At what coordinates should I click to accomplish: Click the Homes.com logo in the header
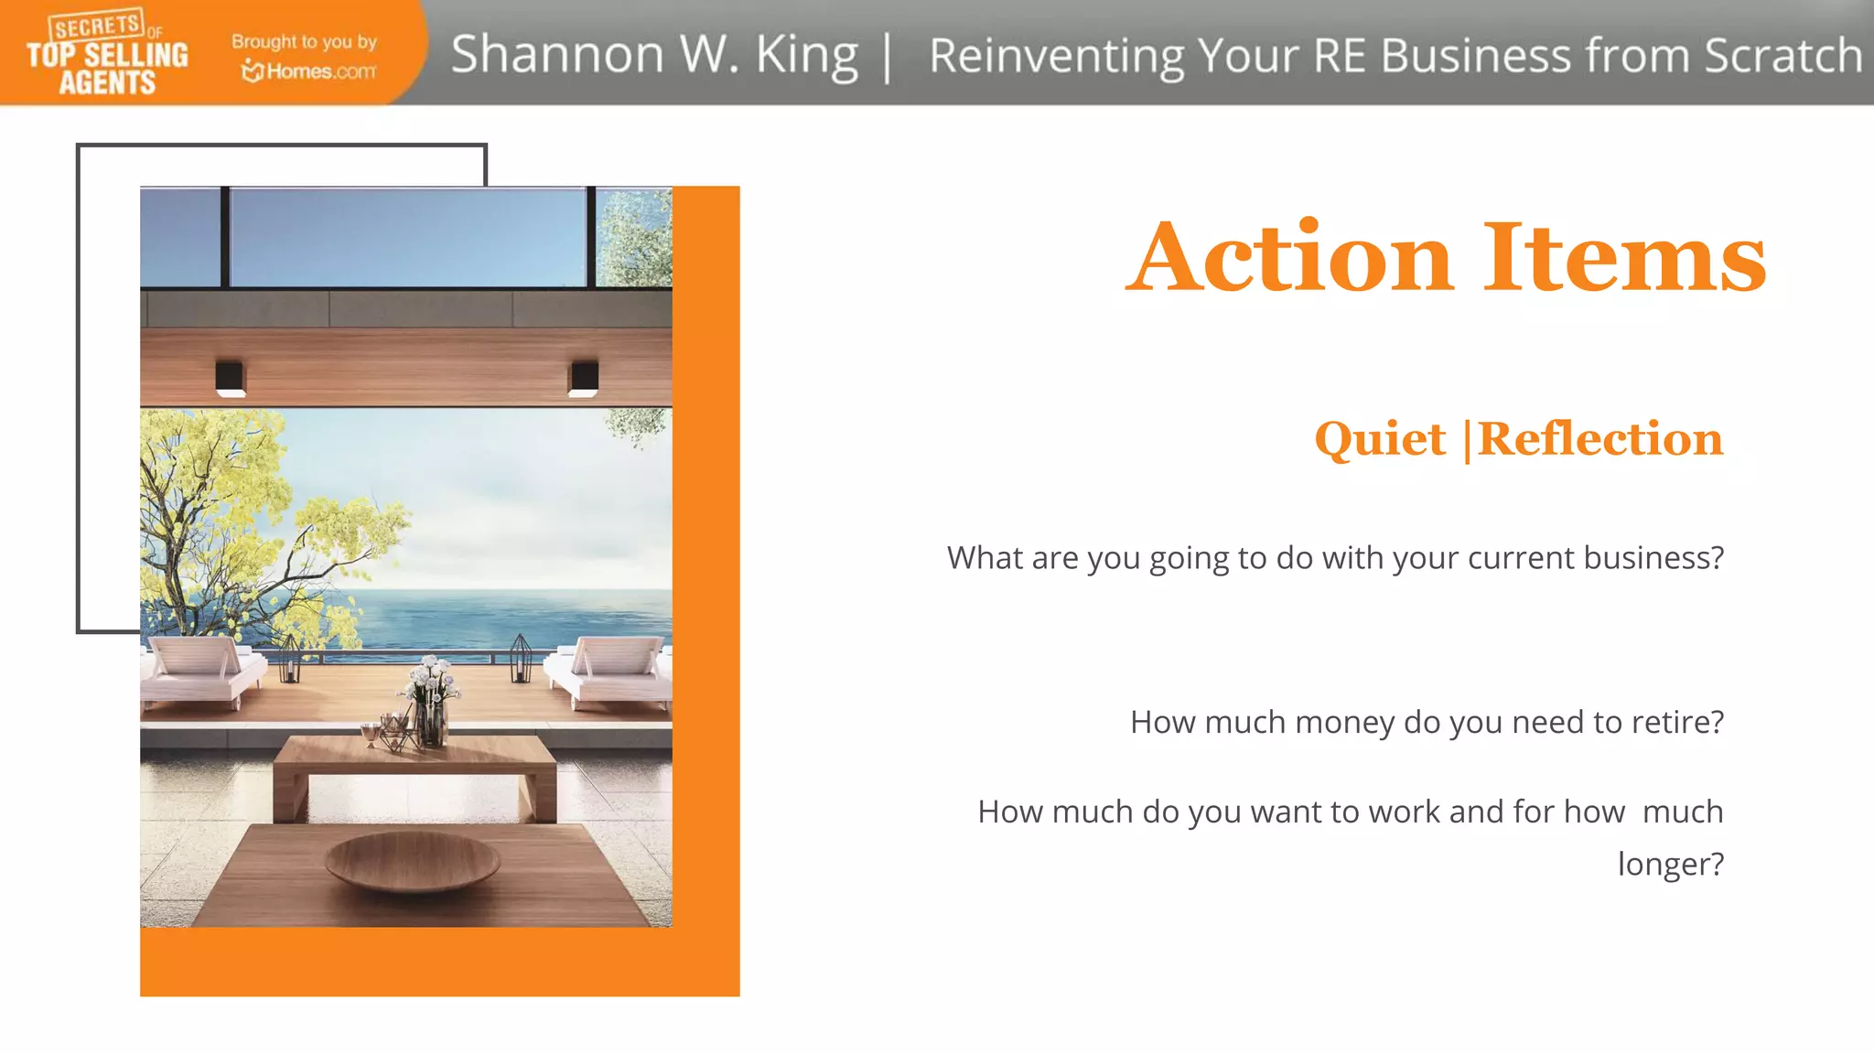pos(308,70)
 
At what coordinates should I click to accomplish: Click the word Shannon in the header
pos(556,54)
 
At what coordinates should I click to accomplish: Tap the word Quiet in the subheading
pos(1380,439)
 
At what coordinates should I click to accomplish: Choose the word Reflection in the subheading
pos(1600,439)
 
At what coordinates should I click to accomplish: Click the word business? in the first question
pos(1653,557)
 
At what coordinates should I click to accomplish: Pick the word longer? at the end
pos(1670,864)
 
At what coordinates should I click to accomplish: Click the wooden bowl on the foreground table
pos(412,861)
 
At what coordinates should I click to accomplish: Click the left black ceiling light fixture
pos(230,378)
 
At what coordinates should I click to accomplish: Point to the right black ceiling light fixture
pos(584,378)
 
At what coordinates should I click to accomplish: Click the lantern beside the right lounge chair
pos(521,658)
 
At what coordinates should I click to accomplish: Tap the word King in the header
pos(806,55)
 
